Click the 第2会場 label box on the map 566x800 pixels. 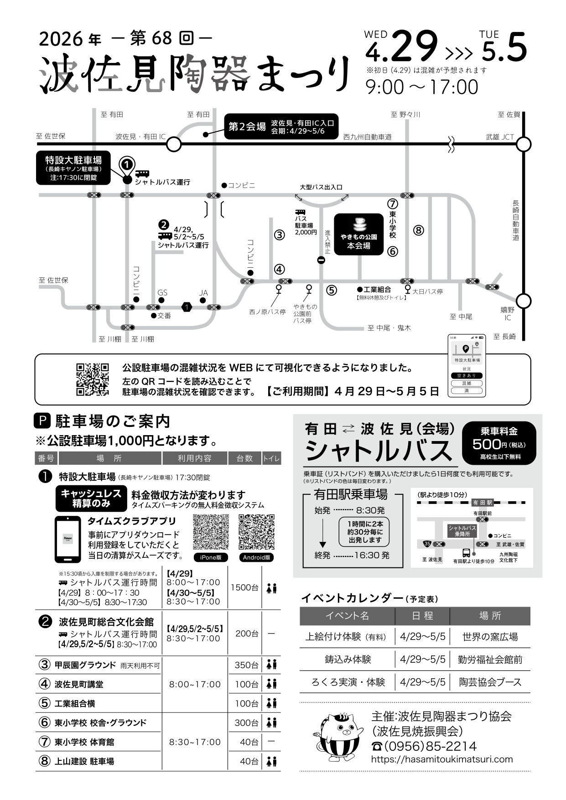tap(280, 126)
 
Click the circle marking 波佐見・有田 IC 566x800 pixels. tap(174, 145)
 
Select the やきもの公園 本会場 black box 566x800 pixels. tap(359, 234)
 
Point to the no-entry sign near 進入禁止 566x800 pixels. tap(321, 260)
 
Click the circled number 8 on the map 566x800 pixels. tap(418, 230)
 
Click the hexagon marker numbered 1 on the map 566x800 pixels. tap(187, 307)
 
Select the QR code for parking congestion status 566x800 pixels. tap(93, 379)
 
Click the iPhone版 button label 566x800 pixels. tap(210, 557)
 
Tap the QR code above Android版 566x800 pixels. tap(256, 532)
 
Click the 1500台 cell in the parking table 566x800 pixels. tap(244, 587)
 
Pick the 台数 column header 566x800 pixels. tap(244, 458)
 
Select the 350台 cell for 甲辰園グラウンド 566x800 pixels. tap(246, 665)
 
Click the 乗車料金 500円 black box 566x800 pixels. tap(498, 443)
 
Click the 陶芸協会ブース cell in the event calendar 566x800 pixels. tap(490, 682)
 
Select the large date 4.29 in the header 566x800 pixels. tap(401, 47)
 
